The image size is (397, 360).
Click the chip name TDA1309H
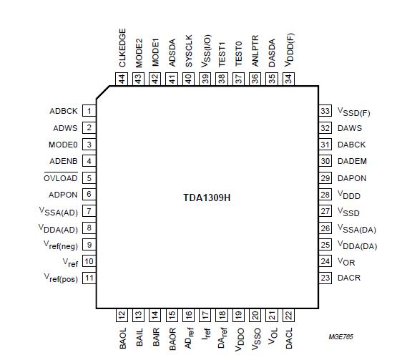click(207, 195)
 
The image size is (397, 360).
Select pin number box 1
click(89, 112)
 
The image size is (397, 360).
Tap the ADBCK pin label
click(63, 112)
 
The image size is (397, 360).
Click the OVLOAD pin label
click(60, 177)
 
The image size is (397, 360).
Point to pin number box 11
click(89, 278)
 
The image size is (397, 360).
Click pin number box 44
click(122, 79)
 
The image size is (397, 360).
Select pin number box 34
click(288, 79)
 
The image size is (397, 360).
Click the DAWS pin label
click(349, 128)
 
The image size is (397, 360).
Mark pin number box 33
click(325, 112)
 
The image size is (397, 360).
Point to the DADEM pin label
click(352, 161)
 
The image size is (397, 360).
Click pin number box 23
click(325, 278)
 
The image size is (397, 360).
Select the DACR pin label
click(350, 278)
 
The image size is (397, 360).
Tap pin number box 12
click(122, 313)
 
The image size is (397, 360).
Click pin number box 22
click(288, 313)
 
